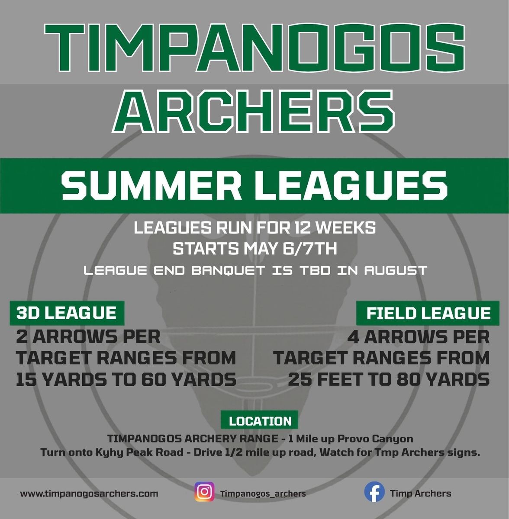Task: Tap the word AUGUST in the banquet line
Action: [x=396, y=271]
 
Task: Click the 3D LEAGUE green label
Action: [x=67, y=313]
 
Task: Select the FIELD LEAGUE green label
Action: [x=428, y=313]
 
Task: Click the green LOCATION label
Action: [x=260, y=421]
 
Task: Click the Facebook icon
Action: [x=374, y=493]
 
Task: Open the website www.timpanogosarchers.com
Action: [x=89, y=493]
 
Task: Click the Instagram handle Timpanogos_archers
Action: [x=263, y=493]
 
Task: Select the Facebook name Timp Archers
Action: [x=420, y=493]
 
